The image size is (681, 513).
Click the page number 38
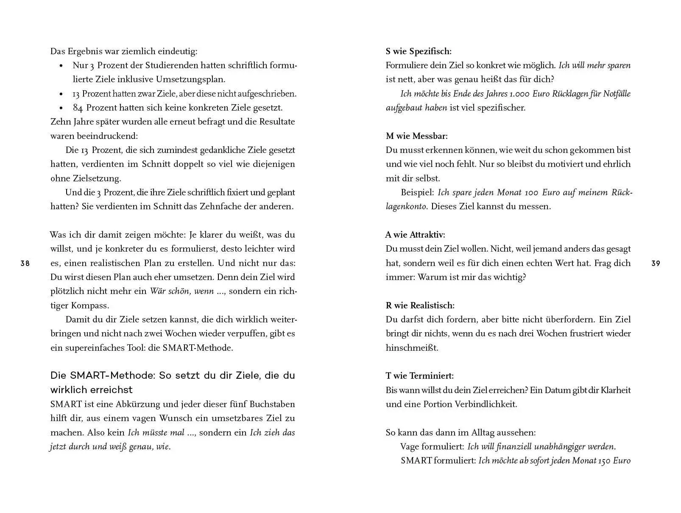point(25,263)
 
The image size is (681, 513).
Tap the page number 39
point(656,263)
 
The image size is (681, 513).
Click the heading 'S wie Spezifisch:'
point(419,51)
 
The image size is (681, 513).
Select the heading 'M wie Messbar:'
point(416,136)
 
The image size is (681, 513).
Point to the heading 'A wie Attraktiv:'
point(415,235)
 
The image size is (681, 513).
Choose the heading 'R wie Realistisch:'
point(420,305)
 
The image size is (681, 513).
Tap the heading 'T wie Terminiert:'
point(419,376)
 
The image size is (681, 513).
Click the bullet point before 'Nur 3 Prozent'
point(61,66)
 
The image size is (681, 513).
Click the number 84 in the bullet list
point(78,108)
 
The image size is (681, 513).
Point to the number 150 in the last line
point(604,460)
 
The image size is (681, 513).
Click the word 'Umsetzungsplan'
point(190,80)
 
